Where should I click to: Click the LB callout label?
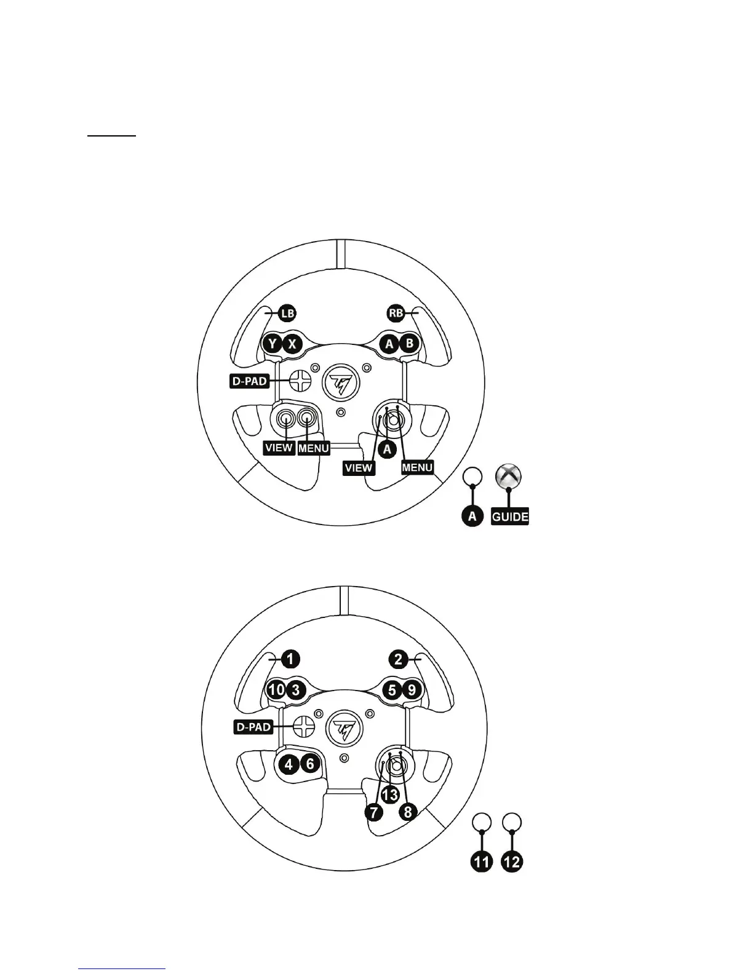click(x=287, y=313)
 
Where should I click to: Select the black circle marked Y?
click(x=272, y=344)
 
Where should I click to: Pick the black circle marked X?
click(x=292, y=344)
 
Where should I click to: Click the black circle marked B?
click(x=408, y=344)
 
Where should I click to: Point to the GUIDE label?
click(x=510, y=517)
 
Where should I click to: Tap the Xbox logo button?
click(x=510, y=477)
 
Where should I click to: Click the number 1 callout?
click(x=290, y=659)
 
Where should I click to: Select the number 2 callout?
click(x=399, y=659)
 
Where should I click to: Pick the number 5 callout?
click(x=392, y=689)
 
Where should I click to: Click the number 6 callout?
click(x=310, y=764)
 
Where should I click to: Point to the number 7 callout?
click(x=374, y=812)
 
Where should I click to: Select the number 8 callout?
click(x=407, y=812)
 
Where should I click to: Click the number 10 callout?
click(x=276, y=689)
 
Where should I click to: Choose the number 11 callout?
click(x=482, y=862)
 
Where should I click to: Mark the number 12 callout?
click(x=512, y=862)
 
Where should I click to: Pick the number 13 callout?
click(x=389, y=794)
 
